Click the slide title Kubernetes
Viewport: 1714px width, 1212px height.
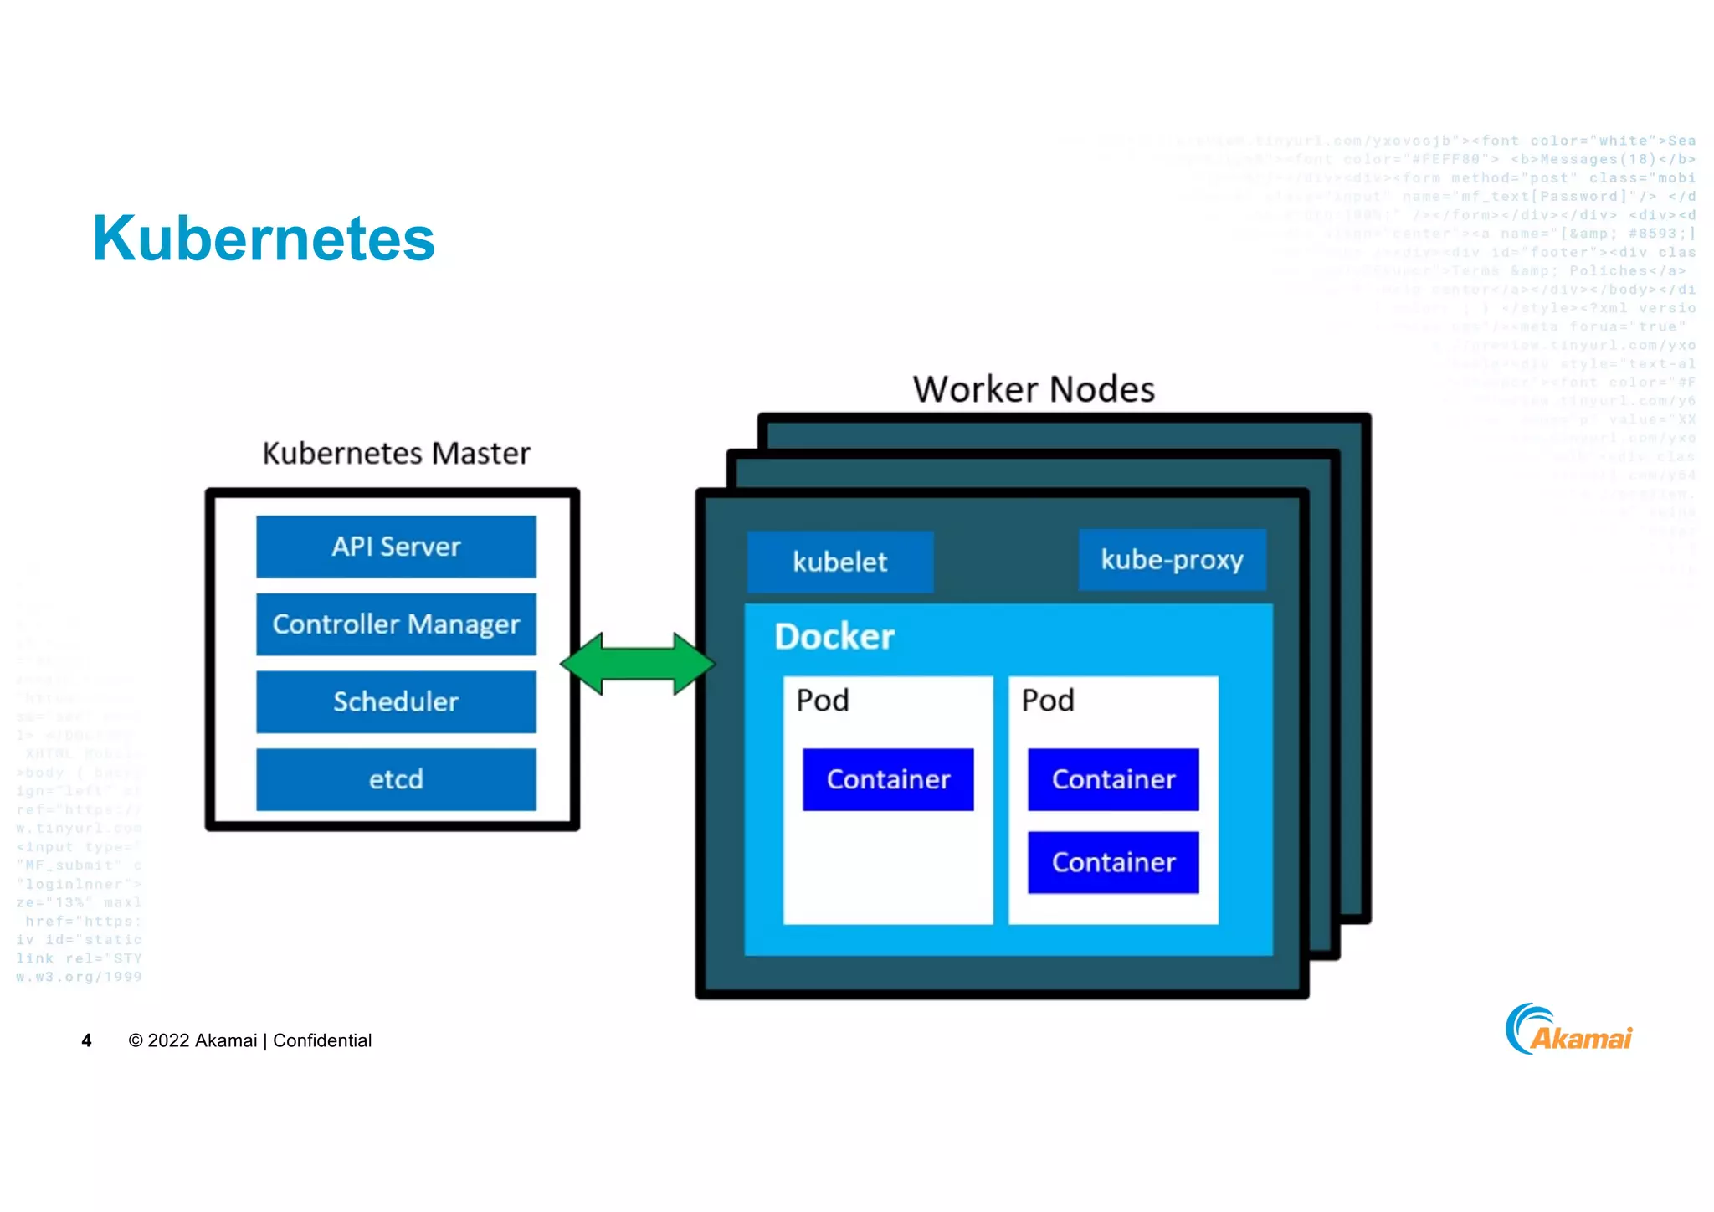click(264, 239)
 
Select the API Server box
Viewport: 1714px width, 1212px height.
click(396, 547)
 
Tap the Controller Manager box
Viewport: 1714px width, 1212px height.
click(396, 624)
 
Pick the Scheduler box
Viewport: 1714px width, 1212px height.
click(396, 701)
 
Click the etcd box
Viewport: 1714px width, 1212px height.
click(396, 779)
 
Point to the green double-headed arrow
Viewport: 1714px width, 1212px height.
click(638, 664)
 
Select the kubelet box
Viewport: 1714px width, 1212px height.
click(839, 562)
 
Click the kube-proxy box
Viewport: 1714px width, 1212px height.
click(1172, 559)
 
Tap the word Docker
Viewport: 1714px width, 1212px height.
click(834, 637)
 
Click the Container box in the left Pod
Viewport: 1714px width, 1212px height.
click(888, 779)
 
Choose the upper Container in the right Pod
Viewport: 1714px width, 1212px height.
click(1113, 779)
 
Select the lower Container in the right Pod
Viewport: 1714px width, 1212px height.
click(1113, 862)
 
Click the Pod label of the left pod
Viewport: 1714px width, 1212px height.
click(823, 701)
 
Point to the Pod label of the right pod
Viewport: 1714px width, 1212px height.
click(1048, 701)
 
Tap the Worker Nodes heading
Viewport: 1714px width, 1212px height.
click(1034, 389)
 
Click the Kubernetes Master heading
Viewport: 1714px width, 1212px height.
click(396, 453)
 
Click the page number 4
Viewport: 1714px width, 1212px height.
click(86, 1040)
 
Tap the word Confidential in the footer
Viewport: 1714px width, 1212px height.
click(322, 1040)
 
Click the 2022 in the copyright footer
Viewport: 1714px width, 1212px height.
click(168, 1040)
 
